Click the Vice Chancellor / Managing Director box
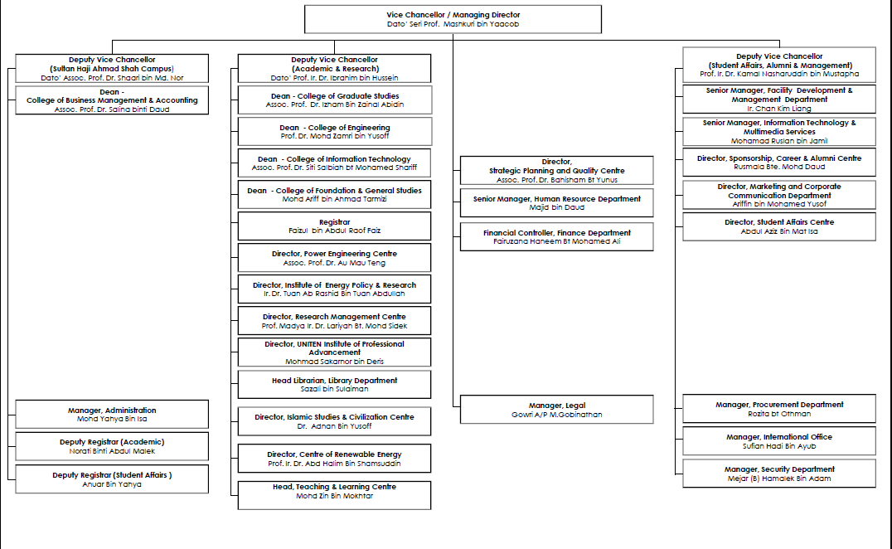(x=453, y=19)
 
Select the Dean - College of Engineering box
(x=334, y=131)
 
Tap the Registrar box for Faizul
(x=334, y=226)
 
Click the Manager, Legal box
(x=556, y=410)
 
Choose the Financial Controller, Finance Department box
(x=556, y=236)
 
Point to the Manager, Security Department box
(x=778, y=474)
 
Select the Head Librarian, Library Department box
(x=334, y=384)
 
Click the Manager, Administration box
(x=112, y=415)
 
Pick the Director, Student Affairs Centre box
(x=778, y=226)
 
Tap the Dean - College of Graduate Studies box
(x=334, y=100)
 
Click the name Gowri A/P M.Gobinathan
(x=556, y=415)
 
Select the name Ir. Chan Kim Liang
(x=778, y=109)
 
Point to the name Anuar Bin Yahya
(x=112, y=484)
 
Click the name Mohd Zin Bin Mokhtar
(x=334, y=496)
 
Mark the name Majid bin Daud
(x=556, y=208)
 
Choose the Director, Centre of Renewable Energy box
(x=334, y=459)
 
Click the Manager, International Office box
(x=778, y=441)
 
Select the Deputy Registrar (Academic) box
(x=112, y=446)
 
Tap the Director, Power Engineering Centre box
(x=334, y=258)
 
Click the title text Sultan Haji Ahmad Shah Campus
(x=112, y=69)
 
